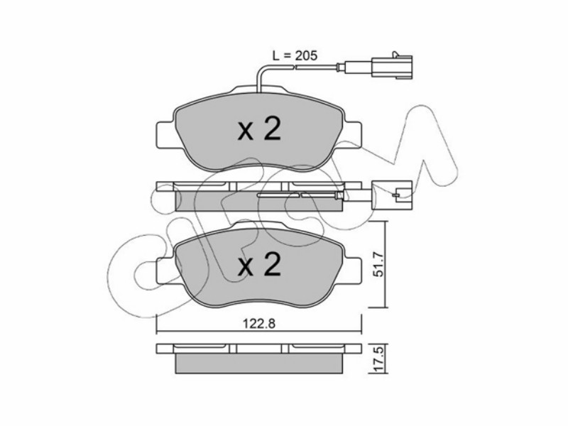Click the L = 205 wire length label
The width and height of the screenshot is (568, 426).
295,55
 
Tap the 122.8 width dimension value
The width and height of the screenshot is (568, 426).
259,324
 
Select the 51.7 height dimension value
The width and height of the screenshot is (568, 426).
378,264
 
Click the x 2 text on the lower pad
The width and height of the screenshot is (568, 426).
259,266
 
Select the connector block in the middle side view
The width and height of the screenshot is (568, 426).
392,195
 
